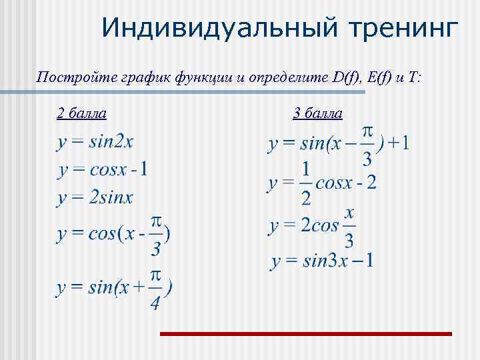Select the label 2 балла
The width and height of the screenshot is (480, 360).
click(x=81, y=113)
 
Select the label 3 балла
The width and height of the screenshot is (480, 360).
click(x=318, y=113)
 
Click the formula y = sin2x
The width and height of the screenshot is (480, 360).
click(x=95, y=142)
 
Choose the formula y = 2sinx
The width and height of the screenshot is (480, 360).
click(x=95, y=197)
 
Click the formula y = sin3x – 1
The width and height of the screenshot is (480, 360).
click(x=322, y=260)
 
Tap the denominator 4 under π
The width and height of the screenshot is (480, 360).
click(x=155, y=303)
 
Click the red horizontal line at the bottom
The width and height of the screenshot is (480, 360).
click(x=305, y=333)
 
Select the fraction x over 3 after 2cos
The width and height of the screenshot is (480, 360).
click(x=349, y=227)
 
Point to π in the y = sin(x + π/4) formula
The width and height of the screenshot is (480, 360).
click(x=155, y=276)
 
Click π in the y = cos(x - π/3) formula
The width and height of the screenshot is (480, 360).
click(x=155, y=221)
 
